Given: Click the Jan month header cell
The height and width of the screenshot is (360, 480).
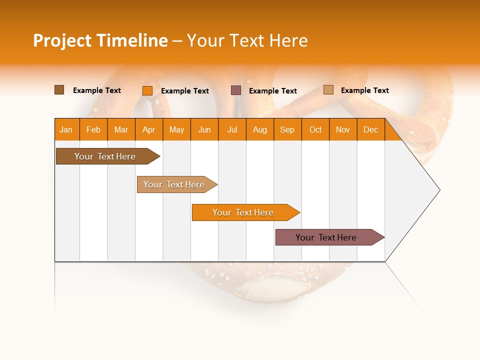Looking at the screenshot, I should tap(66, 129).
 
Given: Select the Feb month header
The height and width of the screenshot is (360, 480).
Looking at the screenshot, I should tap(93, 129).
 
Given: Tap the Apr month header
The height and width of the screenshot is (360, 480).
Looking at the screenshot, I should tap(149, 129).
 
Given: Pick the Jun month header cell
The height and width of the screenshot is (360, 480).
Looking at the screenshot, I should tap(204, 129).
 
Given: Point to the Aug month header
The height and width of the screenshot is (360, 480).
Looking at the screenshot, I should tap(260, 129).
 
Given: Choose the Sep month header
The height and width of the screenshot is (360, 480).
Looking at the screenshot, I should tap(287, 129).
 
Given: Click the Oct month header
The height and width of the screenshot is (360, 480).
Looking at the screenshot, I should tap(315, 129).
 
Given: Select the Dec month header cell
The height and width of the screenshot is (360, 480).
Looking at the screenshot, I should tap(371, 129).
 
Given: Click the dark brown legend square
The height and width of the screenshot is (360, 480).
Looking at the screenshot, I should tap(59, 90).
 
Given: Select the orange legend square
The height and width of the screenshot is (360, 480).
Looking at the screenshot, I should tap(147, 90).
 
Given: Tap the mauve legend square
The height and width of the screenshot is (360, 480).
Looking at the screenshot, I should tap(236, 90).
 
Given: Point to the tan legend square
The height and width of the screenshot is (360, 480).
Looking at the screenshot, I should tap(328, 90).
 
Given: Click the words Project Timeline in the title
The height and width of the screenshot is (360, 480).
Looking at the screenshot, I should tap(100, 40).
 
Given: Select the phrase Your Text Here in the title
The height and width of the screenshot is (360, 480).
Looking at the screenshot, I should tap(247, 40).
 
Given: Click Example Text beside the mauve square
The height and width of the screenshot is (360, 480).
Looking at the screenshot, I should tap(273, 91).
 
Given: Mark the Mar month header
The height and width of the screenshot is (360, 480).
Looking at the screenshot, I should tap(121, 129).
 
